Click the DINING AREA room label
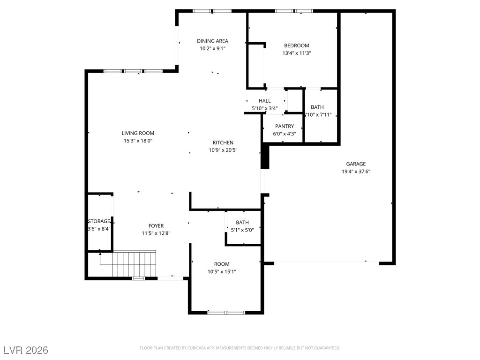coord(212,41)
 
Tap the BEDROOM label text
coord(296,45)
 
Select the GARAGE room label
coord(356,164)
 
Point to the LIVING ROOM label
coord(138,133)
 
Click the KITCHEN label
coord(223,142)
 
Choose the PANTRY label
coord(284,126)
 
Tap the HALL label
coord(264,101)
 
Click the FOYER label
coord(156,225)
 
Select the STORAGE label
coord(99,221)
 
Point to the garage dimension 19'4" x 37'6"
coord(356,172)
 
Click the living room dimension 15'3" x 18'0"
coord(138,141)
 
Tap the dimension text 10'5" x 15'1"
coord(222,271)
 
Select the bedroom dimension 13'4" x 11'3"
coord(296,53)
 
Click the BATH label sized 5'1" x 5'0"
coord(242,222)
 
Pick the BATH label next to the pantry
coord(317,107)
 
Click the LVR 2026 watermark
coord(26,350)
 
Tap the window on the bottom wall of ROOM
coord(226,312)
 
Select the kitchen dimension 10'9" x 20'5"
coord(223,150)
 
